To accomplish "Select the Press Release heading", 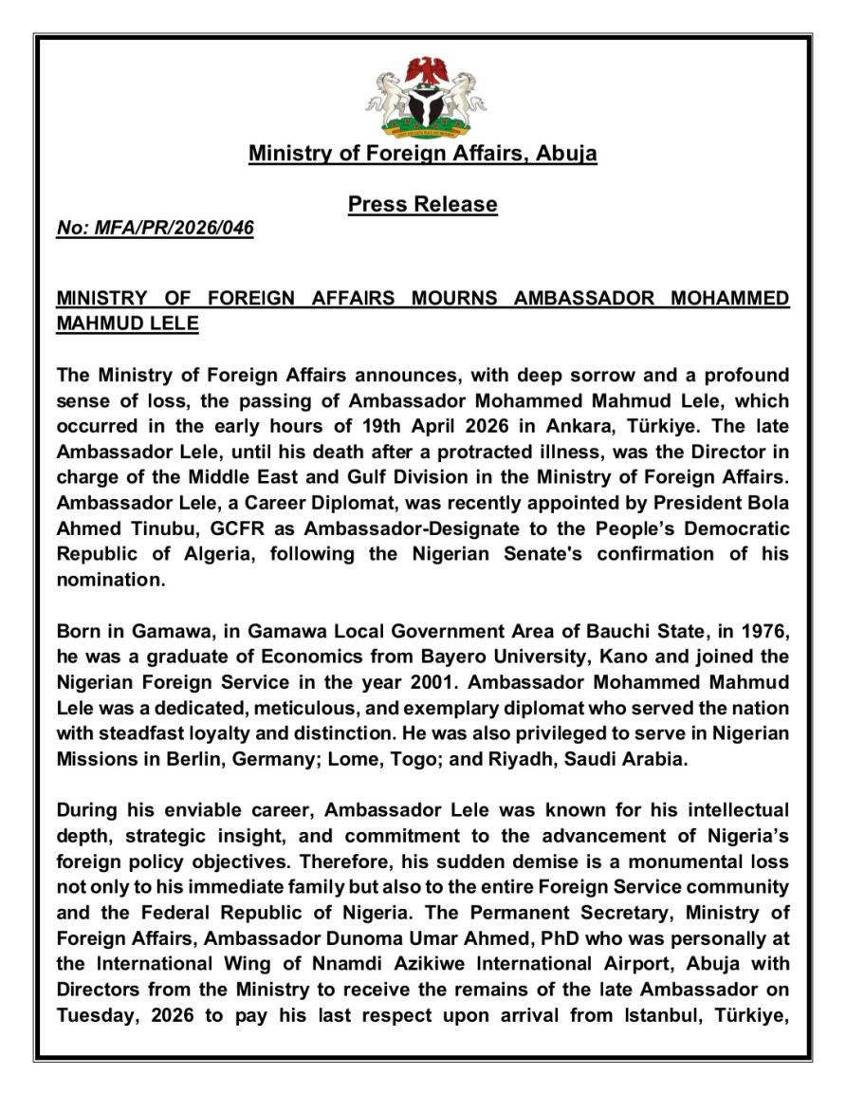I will click(x=422, y=204).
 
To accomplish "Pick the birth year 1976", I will click(x=763, y=631).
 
